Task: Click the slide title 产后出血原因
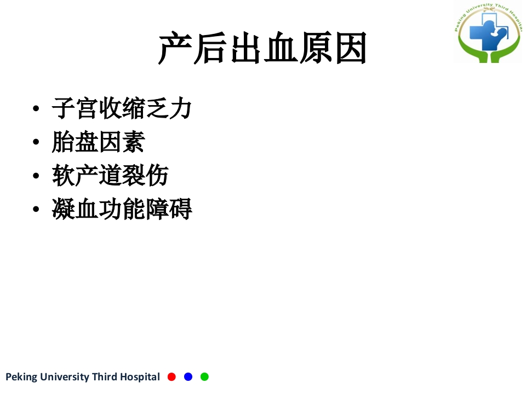(262, 49)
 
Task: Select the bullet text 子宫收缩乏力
(122, 108)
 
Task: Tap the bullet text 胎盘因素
(99, 142)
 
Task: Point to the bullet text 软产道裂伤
(110, 176)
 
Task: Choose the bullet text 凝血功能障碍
(122, 209)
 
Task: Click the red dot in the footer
(171, 376)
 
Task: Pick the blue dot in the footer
(188, 376)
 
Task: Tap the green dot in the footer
(204, 376)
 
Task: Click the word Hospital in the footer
(140, 377)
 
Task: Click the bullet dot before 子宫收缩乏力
(36, 109)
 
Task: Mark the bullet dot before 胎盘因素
(36, 143)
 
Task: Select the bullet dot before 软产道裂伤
(36, 176)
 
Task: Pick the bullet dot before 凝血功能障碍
(36, 210)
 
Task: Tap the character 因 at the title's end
(350, 49)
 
